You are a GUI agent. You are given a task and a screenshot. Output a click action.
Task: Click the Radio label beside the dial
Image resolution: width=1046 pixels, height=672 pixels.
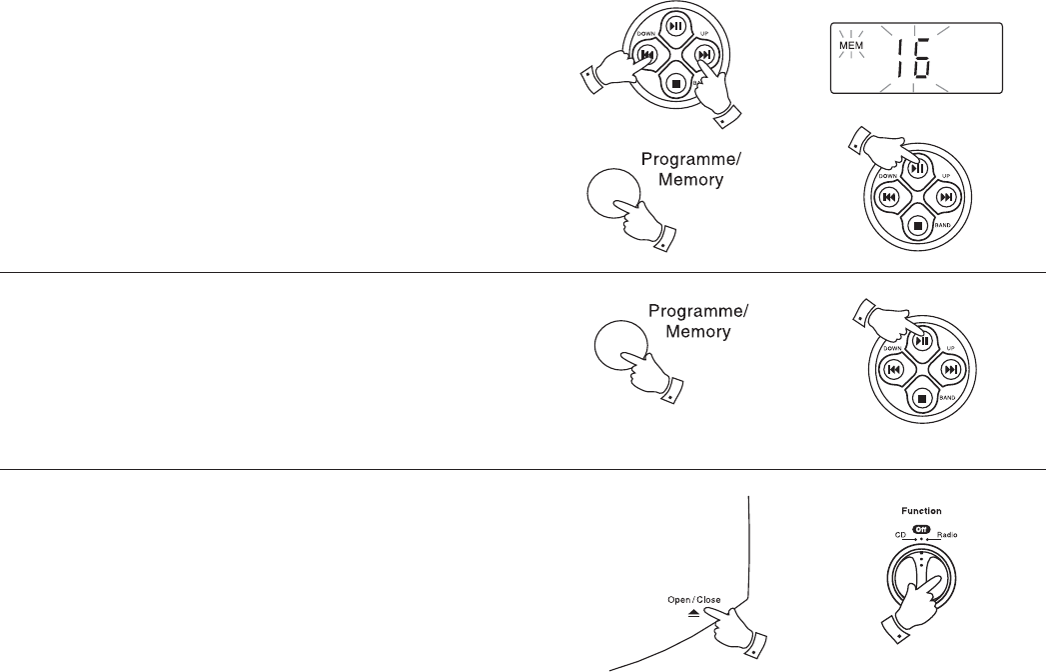947,536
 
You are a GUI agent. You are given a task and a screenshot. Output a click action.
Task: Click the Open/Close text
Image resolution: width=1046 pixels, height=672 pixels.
694,600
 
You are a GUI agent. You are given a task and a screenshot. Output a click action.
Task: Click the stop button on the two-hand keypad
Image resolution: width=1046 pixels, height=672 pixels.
676,83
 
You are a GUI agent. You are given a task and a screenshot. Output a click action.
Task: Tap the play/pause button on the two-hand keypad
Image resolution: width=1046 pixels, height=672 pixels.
676,27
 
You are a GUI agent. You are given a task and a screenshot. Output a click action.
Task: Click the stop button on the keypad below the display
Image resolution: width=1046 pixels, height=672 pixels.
917,224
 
